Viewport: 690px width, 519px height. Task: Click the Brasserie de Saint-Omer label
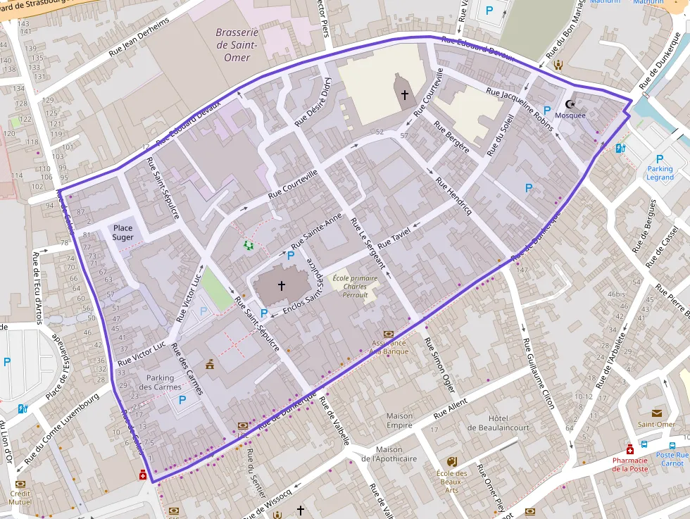coord(237,44)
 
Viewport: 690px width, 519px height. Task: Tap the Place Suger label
coord(123,232)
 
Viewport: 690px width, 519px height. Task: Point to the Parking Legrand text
coord(660,173)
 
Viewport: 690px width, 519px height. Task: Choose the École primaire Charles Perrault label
coord(355,287)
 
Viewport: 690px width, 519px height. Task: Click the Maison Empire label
coord(400,420)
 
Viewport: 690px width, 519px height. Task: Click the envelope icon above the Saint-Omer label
coord(657,413)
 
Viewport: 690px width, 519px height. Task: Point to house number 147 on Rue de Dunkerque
coord(521,270)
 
